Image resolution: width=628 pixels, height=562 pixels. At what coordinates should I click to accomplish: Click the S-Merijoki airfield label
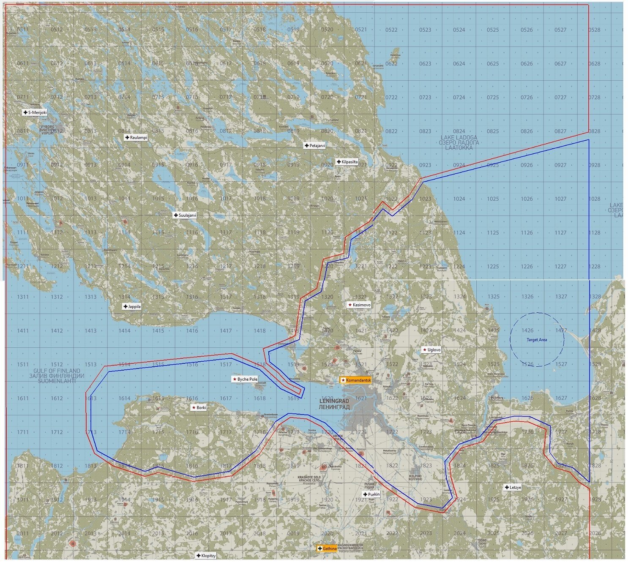tap(35, 112)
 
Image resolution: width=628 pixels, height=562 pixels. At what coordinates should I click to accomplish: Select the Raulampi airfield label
tap(136, 137)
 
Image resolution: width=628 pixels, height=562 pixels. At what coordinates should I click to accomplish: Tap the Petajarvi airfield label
tap(315, 145)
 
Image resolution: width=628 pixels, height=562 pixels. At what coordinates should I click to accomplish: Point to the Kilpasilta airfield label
tap(347, 161)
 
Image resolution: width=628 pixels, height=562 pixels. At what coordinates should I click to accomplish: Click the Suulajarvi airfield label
tap(185, 215)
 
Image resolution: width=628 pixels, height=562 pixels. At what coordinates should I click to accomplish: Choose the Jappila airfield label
tap(132, 306)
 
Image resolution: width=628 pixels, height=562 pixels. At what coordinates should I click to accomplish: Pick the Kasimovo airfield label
tap(359, 305)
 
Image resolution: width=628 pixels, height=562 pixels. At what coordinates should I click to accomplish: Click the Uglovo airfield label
tap(431, 349)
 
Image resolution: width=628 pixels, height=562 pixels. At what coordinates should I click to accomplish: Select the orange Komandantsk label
tap(356, 380)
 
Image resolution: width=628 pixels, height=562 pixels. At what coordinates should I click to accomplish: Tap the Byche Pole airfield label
tap(245, 379)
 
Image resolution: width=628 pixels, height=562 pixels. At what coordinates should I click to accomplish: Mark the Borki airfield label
tap(199, 407)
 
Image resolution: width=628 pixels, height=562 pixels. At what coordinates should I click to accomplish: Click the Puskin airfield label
tap(371, 494)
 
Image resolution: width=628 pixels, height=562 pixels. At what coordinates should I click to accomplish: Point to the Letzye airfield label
tap(513, 487)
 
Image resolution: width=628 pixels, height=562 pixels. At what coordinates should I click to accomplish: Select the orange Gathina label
tap(328, 548)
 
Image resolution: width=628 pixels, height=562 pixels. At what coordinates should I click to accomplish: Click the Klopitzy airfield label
tap(206, 555)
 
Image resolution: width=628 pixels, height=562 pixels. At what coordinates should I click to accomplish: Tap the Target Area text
tap(537, 340)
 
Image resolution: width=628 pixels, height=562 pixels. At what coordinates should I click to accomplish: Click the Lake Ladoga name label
tap(459, 142)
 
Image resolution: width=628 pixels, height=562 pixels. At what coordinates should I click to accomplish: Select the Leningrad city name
tap(334, 404)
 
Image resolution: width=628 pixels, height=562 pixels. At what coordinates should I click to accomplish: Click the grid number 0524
tap(459, 30)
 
